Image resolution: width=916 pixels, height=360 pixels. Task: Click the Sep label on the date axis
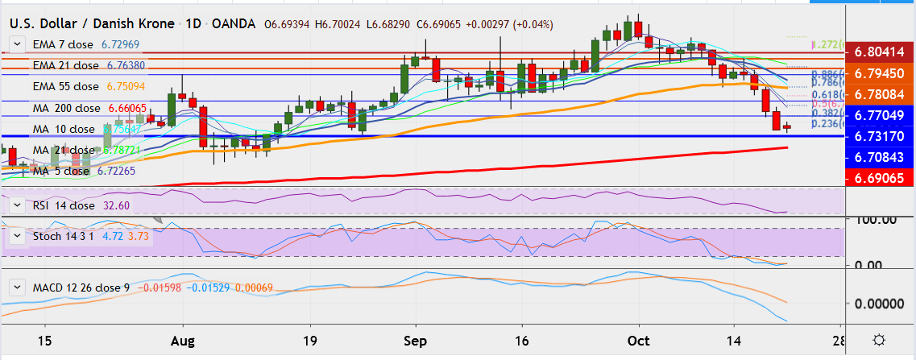tap(415, 340)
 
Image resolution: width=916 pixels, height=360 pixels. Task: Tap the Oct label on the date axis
tap(639, 340)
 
